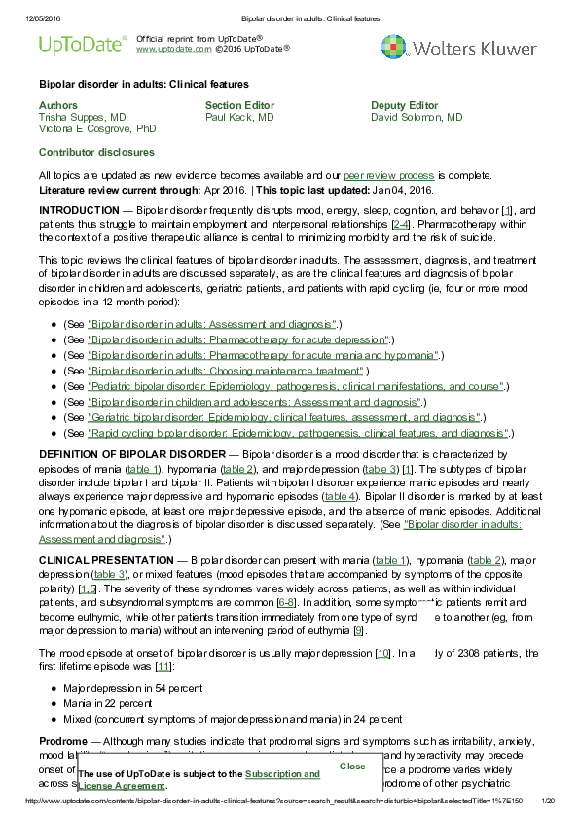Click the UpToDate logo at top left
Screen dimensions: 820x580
(83, 44)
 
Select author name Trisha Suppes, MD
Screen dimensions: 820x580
(82, 117)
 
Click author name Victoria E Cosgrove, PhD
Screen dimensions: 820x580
(96, 128)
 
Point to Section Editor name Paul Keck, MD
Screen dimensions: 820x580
(239, 117)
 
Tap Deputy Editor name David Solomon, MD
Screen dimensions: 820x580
(417, 117)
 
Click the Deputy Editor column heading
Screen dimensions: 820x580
(404, 105)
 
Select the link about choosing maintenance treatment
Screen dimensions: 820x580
(225, 371)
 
